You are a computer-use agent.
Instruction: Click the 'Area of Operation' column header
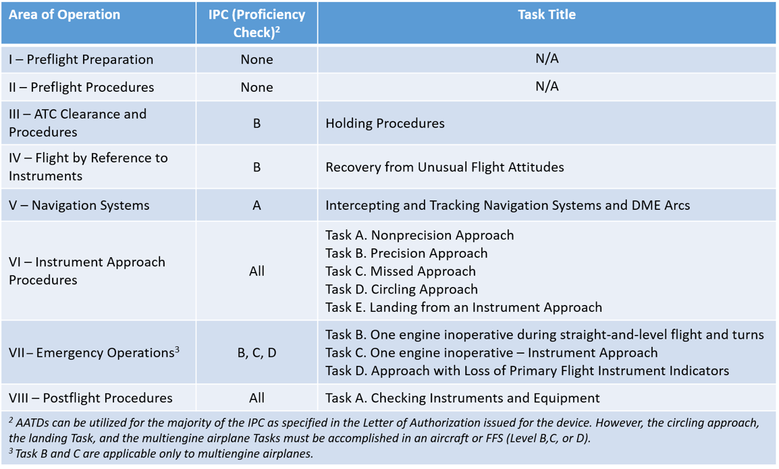point(64,15)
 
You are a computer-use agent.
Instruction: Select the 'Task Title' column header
point(546,15)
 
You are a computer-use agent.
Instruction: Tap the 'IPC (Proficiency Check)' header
point(257,24)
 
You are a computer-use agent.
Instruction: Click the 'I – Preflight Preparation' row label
point(81,59)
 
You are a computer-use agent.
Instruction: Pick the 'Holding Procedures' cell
point(385,123)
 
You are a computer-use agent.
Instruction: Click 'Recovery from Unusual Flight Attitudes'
point(444,167)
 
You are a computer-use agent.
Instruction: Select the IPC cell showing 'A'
point(257,205)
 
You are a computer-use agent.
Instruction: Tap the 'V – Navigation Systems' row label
point(79,205)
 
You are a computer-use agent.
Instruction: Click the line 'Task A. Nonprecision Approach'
point(419,236)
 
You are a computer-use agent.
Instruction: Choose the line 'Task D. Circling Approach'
point(401,289)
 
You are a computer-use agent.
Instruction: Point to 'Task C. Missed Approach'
point(400,271)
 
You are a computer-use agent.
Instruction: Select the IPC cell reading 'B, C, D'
point(257,352)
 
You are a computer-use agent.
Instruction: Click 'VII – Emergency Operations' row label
point(94,352)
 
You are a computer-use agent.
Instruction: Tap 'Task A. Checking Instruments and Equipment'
point(462,398)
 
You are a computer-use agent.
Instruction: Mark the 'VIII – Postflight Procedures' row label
point(90,398)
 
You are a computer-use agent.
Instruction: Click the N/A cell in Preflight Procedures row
point(546,87)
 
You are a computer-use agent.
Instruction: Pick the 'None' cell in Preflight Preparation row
point(257,59)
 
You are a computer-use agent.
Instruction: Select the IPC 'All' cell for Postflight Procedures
point(257,398)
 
